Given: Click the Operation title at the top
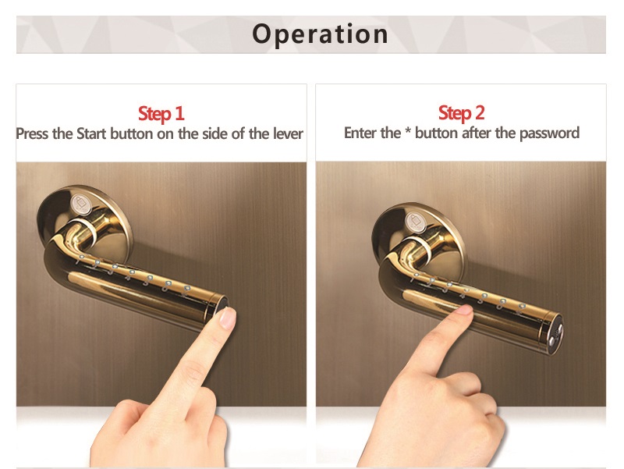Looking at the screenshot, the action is (x=320, y=34).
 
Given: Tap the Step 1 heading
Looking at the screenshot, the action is (x=161, y=113).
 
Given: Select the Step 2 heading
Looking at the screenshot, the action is (x=461, y=112).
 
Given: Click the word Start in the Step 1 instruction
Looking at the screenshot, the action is (x=91, y=133).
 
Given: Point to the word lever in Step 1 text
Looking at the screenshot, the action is (x=288, y=133).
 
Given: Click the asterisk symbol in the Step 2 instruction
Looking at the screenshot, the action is (x=407, y=131).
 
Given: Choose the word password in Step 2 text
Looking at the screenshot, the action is (x=549, y=133).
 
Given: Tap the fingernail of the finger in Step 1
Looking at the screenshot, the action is (x=228, y=318).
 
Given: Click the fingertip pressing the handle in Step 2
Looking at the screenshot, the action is (x=463, y=310).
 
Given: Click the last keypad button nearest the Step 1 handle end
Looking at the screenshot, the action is (x=186, y=288).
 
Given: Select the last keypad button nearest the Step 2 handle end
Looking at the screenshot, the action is (x=522, y=306).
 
